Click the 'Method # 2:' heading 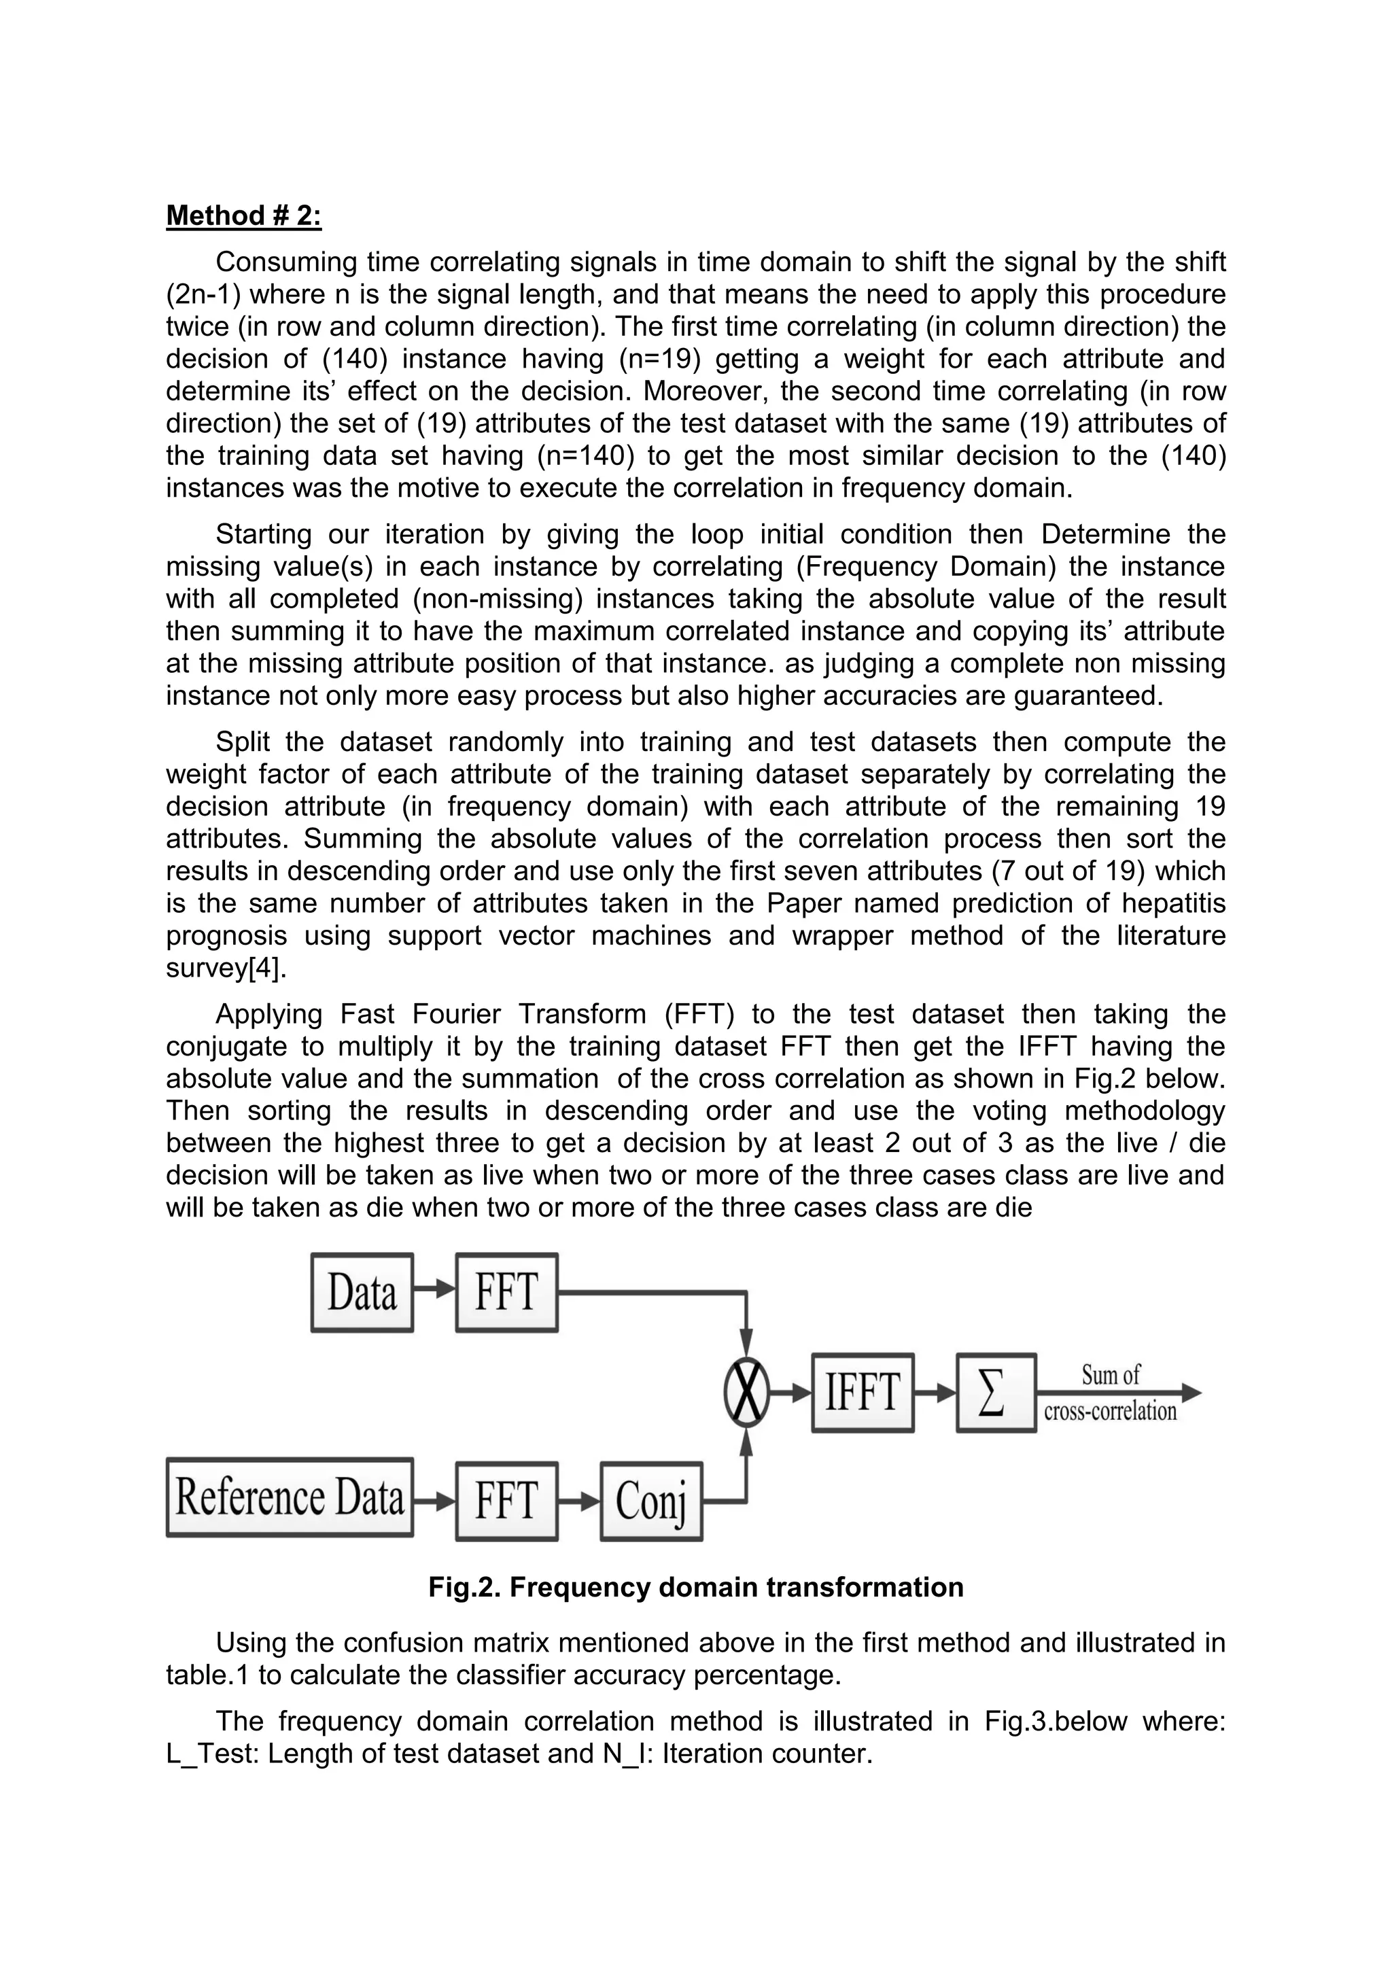243,215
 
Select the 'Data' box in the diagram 362,1292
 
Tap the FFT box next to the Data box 506,1292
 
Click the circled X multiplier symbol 746,1393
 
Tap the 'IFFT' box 862,1393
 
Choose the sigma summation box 996,1393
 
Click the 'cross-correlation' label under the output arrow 1110,1412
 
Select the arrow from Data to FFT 434,1288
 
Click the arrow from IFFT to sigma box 935,1393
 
